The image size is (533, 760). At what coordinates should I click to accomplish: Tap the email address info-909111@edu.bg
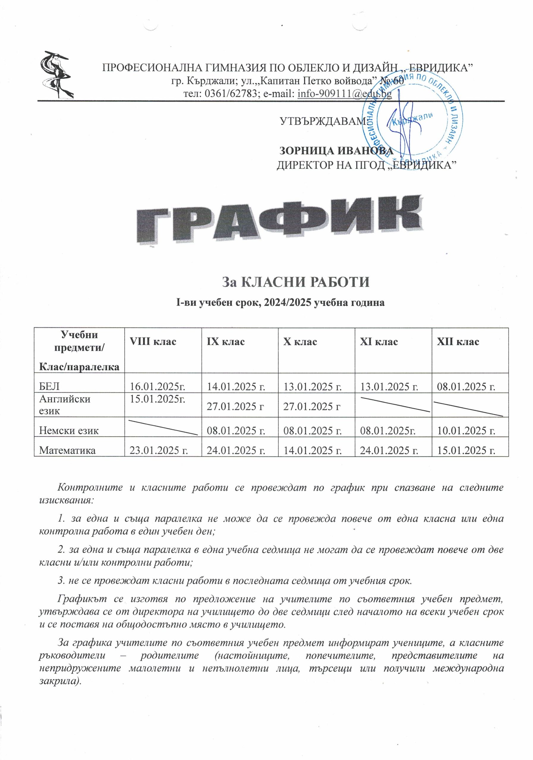click(x=345, y=94)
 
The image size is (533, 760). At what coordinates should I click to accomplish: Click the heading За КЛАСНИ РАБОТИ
click(x=295, y=282)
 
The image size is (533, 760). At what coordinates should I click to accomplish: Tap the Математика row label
click(x=67, y=450)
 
